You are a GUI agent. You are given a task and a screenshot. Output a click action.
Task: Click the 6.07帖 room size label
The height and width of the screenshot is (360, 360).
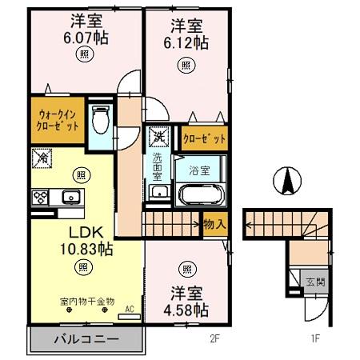(86, 37)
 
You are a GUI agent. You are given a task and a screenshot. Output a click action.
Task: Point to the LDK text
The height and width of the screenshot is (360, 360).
(82, 232)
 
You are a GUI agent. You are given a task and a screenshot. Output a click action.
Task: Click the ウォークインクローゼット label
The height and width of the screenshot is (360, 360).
(57, 120)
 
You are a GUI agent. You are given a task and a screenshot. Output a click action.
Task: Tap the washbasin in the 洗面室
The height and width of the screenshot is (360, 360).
(158, 192)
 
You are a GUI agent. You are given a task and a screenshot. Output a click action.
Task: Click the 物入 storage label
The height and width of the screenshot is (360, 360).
(214, 225)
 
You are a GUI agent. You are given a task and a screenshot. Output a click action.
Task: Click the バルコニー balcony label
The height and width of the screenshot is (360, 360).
(86, 339)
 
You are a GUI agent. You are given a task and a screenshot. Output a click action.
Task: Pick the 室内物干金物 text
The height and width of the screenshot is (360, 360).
(86, 301)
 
